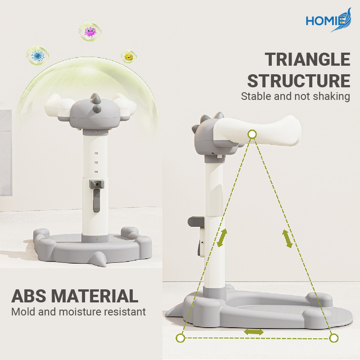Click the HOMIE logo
[x=328, y=20]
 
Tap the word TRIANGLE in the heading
[x=307, y=59]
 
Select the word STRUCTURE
[x=299, y=81]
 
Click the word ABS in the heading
[x=29, y=296]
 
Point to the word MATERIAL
[x=94, y=296]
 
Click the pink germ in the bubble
[x=90, y=32]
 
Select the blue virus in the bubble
[x=37, y=56]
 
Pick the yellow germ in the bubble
[x=129, y=57]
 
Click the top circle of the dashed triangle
[x=252, y=134]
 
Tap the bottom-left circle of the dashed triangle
[x=180, y=338]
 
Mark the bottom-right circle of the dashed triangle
[x=333, y=338]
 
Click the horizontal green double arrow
[x=254, y=332]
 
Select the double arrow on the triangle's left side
[x=222, y=238]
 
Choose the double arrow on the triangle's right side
[x=287, y=239]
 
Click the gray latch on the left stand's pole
[x=97, y=196]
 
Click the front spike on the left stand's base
[x=98, y=258]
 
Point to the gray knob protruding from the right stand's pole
[x=196, y=221]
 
